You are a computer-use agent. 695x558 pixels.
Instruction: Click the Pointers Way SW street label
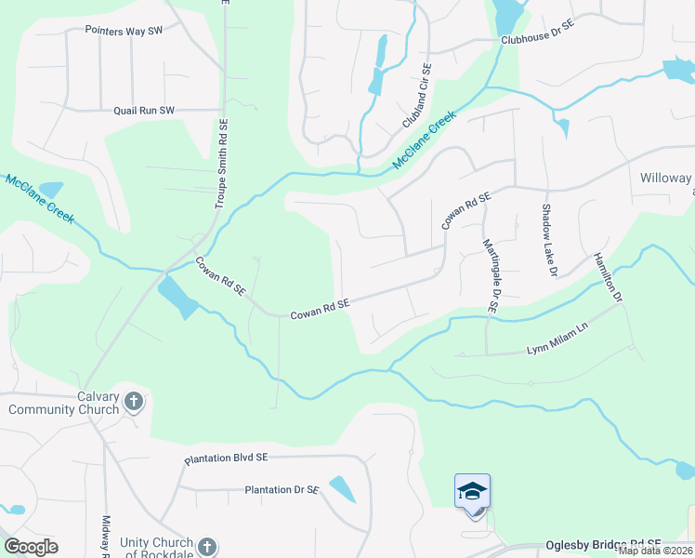coord(124,31)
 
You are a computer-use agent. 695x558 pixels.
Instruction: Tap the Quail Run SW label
coord(144,110)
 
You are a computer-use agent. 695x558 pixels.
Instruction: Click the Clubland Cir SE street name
coord(417,96)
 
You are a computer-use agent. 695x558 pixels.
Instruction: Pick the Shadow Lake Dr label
coord(548,240)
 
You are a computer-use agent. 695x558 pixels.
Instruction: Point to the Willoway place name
coord(666,178)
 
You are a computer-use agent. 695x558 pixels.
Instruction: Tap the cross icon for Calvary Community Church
coord(134,402)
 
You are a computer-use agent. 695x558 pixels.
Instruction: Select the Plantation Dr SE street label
coord(282,489)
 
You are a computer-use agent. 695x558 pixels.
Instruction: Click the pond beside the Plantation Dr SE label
coord(342,489)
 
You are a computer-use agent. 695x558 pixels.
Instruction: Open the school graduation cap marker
coord(472,491)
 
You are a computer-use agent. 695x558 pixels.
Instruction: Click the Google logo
coord(31,547)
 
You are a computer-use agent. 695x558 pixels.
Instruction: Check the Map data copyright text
coord(656,551)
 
